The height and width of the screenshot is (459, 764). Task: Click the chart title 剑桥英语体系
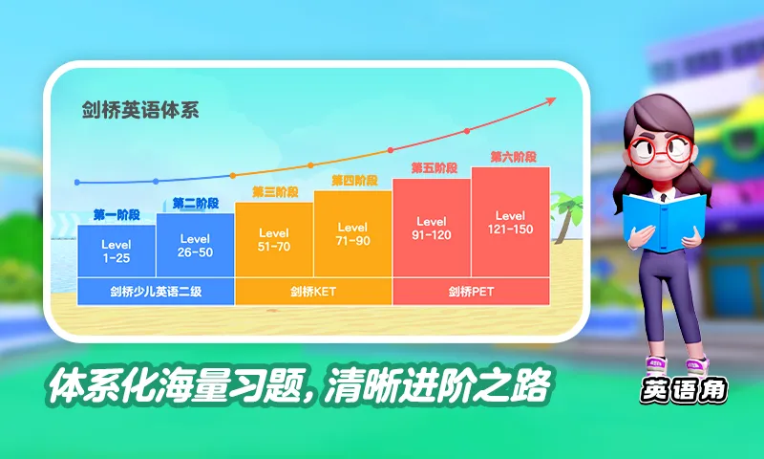pos(139,109)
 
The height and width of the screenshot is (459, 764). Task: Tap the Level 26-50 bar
pos(195,245)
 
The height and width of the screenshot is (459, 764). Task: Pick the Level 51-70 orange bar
pos(274,239)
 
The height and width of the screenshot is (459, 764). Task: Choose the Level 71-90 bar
pos(352,234)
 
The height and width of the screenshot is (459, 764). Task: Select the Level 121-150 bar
pos(510,222)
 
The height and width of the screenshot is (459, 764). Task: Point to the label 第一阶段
pos(117,214)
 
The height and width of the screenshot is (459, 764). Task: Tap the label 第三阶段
pos(275,192)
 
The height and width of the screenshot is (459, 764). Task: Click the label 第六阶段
pos(513,157)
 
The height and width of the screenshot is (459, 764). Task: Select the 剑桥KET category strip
pos(313,292)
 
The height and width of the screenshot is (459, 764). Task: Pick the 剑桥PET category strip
pos(471,292)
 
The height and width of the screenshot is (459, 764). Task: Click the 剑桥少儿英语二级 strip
pos(156,292)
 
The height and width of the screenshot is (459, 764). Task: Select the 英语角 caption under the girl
pos(682,391)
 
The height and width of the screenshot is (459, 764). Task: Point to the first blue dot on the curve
pos(77,182)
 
